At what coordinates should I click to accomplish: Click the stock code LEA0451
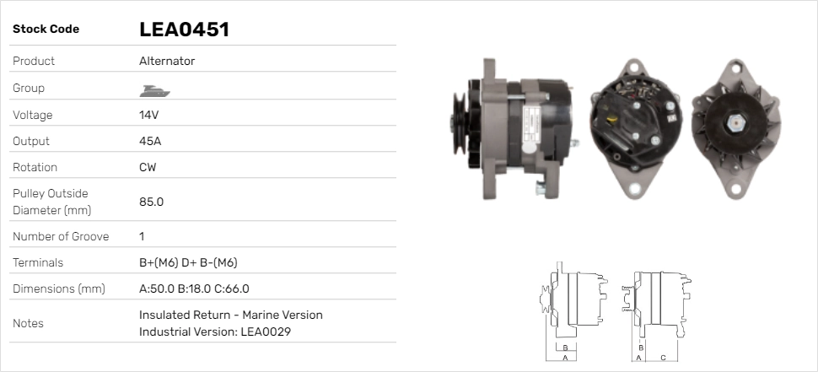[184, 30]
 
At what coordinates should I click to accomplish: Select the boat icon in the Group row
[152, 89]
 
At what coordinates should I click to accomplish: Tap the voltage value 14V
[149, 115]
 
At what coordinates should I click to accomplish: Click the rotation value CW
[148, 167]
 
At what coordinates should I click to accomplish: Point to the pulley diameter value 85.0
[151, 202]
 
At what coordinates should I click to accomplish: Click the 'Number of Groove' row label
[61, 236]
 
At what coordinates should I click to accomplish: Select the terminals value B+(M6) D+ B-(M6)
[193, 262]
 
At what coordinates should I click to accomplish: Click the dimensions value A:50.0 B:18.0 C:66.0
[194, 288]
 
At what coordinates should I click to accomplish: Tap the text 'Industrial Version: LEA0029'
[215, 332]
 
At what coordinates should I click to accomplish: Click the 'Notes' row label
[28, 323]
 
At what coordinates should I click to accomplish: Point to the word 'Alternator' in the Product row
[167, 61]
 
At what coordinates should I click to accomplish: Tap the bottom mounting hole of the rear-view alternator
[632, 187]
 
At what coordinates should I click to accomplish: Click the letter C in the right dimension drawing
[663, 358]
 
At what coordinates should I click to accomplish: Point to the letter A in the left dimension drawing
[565, 358]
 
